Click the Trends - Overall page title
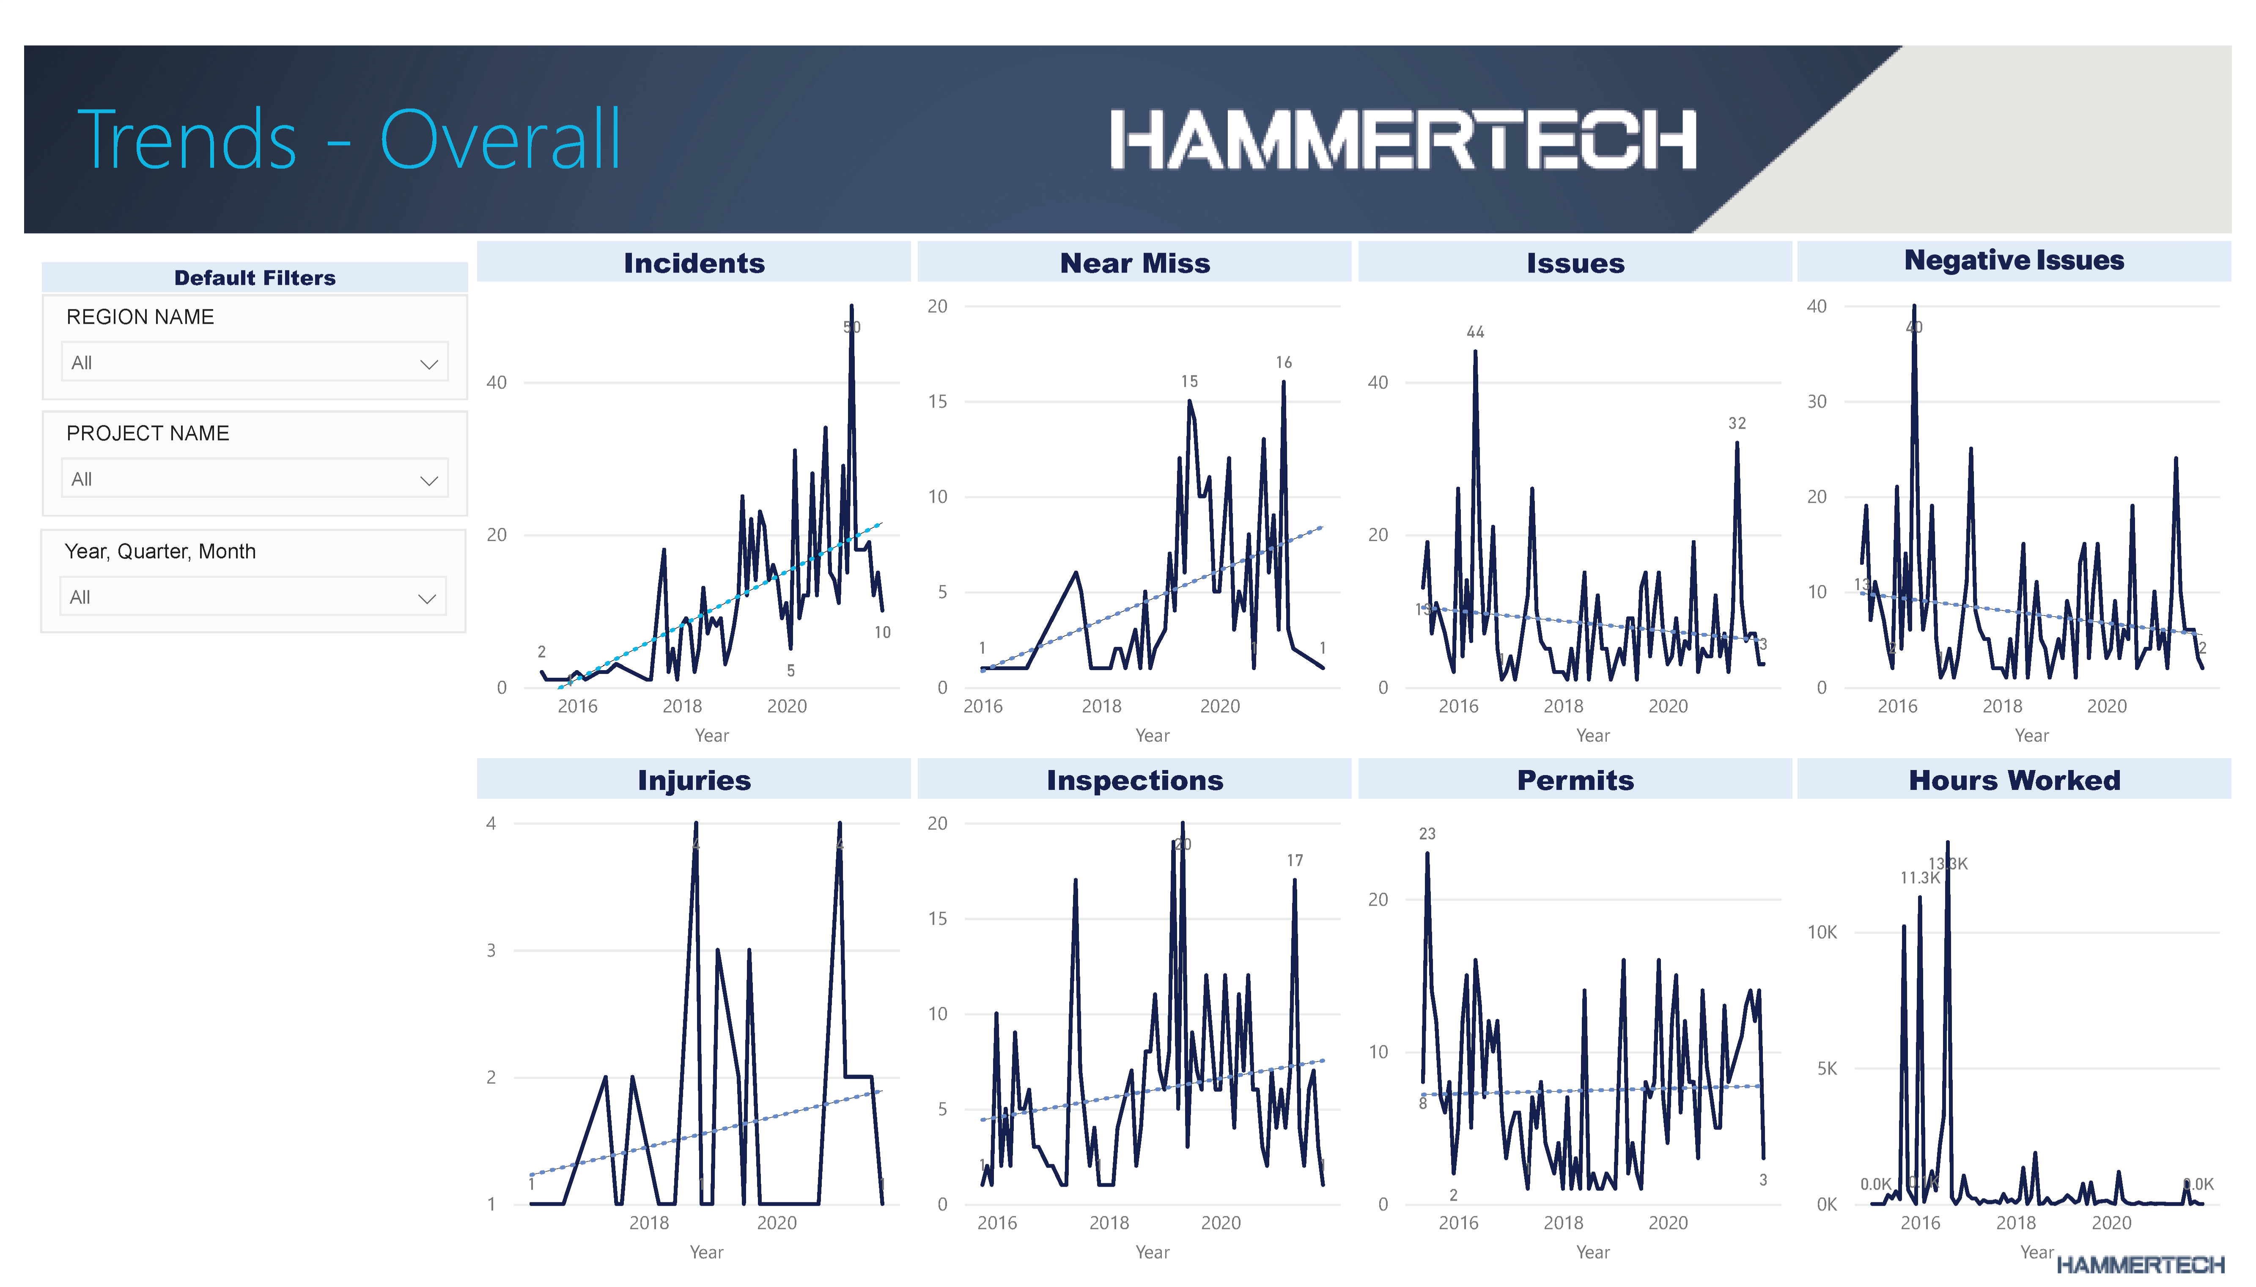[x=349, y=140]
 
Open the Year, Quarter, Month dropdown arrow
[x=427, y=598]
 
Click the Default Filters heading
[x=255, y=278]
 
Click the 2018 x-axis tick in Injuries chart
[x=649, y=1222]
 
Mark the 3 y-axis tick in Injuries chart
[x=491, y=950]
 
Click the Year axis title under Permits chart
[x=1592, y=1251]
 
